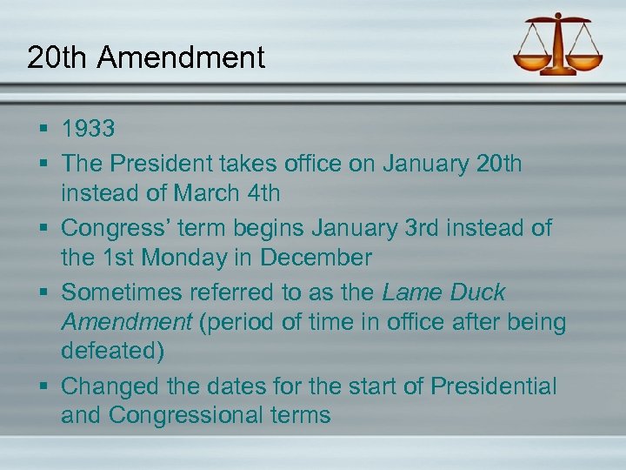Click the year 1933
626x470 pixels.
coord(88,130)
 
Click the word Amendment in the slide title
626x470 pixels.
coord(181,57)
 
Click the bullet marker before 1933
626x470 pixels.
coord(42,130)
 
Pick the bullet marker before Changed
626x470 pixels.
coord(42,386)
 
